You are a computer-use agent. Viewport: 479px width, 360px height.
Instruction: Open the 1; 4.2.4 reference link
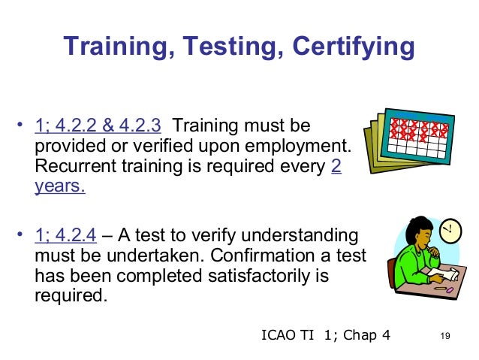65,235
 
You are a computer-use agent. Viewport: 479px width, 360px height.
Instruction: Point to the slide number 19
449,336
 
